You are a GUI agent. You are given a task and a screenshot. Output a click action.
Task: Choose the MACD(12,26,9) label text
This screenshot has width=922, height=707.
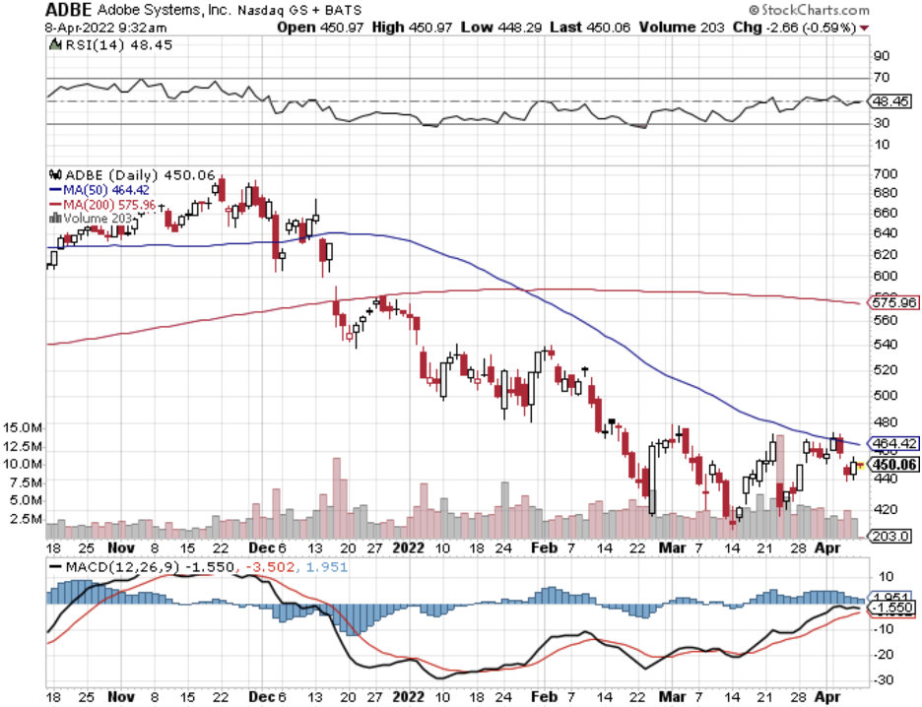tap(123, 568)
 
